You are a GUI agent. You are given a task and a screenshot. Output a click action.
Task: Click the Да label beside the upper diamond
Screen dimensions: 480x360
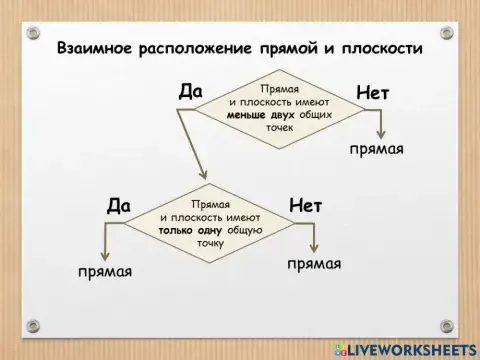tap(191, 92)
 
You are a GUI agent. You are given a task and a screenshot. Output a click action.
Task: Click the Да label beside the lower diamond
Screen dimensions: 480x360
tap(118, 206)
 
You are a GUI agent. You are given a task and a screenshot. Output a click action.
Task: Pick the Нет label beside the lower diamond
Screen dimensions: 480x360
tap(305, 206)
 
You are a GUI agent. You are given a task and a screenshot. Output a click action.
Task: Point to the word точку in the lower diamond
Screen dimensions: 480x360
tap(210, 243)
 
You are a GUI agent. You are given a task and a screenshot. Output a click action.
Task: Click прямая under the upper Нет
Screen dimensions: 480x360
tap(376, 150)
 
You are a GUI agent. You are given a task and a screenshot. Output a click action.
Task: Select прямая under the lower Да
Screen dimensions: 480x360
tap(106, 271)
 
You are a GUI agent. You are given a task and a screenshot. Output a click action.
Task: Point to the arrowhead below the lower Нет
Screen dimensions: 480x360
tap(315, 247)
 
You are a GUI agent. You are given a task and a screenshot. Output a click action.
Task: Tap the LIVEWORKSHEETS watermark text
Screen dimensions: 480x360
tap(409, 347)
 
